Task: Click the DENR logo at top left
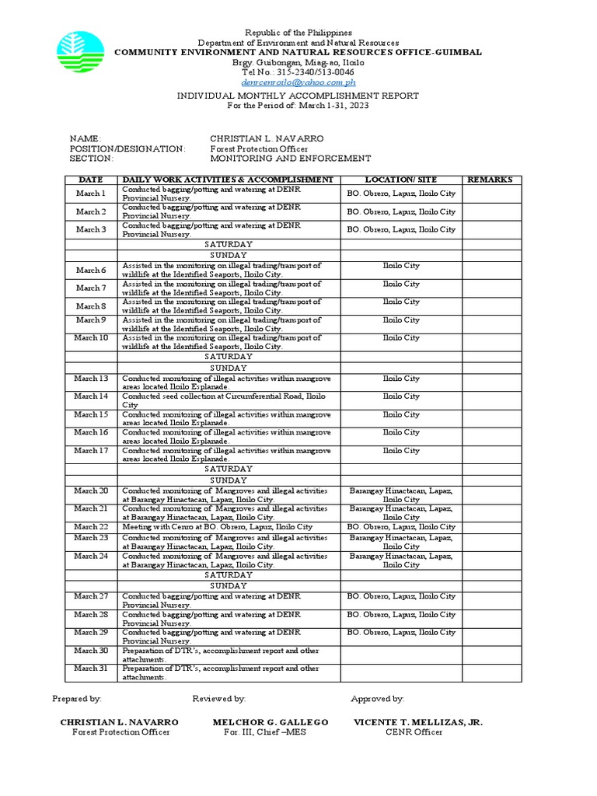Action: tap(79, 53)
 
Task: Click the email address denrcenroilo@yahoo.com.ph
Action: tap(298, 82)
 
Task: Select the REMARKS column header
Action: tap(491, 180)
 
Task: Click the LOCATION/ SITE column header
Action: tap(401, 180)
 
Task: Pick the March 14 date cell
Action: tap(91, 396)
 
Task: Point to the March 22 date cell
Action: tap(91, 526)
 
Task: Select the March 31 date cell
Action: tap(91, 669)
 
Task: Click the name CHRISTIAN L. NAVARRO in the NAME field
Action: tap(267, 138)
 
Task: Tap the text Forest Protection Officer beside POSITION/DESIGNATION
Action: tap(259, 148)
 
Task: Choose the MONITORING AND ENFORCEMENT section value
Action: tap(290, 159)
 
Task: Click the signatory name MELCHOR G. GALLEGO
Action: tap(271, 722)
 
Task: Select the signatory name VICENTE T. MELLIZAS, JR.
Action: tap(417, 722)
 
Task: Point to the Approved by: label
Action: tap(377, 699)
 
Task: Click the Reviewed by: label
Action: tap(219, 699)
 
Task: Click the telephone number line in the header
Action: tap(298, 72)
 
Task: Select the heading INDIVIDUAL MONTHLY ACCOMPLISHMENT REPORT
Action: tap(298, 96)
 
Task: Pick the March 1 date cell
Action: tap(91, 193)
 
